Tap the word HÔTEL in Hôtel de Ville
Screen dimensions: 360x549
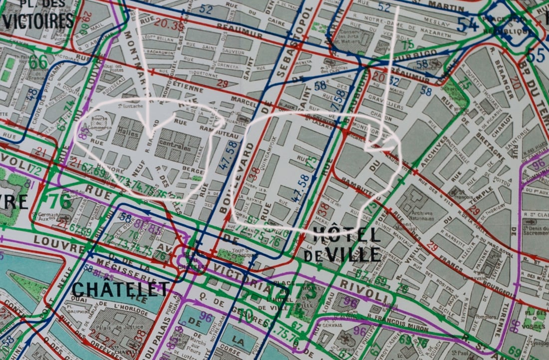click(347, 234)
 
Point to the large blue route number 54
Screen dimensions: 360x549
click(468, 24)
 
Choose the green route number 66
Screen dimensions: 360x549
click(38, 62)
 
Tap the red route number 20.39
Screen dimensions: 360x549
click(169, 23)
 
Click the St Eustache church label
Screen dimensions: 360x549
click(128, 106)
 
